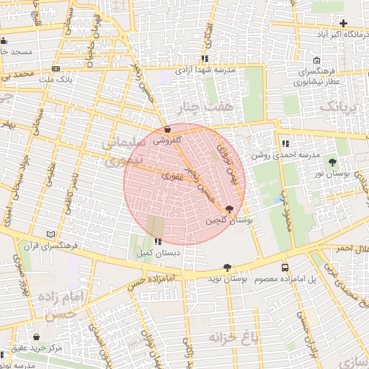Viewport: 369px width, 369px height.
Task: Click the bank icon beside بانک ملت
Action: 56,68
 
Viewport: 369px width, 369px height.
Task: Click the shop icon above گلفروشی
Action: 168,129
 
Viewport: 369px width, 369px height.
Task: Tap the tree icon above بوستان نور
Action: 332,162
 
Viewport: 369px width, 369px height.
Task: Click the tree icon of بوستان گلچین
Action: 229,210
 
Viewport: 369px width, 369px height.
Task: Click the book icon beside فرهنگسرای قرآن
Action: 50,234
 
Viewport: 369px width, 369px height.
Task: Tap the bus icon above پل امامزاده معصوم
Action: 285,266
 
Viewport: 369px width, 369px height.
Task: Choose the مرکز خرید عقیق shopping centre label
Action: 62,349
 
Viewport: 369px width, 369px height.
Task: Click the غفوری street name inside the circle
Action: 172,174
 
